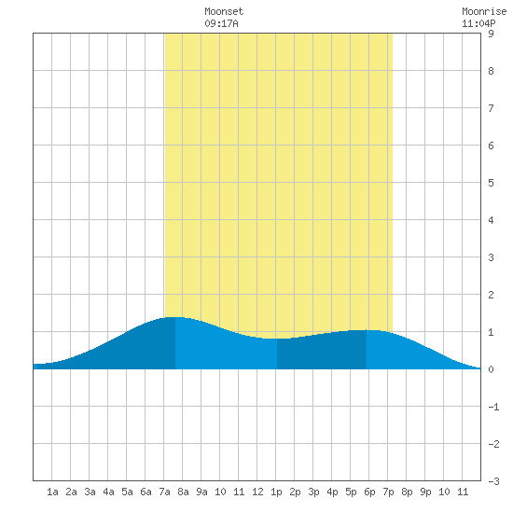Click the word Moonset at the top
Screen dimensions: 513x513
point(224,11)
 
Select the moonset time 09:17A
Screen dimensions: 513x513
point(221,23)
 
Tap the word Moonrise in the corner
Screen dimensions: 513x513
point(484,11)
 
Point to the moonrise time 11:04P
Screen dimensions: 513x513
point(478,23)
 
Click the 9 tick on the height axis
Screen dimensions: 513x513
point(491,34)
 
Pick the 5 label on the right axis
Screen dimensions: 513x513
point(491,183)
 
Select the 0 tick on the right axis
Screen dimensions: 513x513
point(491,369)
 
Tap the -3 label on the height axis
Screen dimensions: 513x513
point(493,481)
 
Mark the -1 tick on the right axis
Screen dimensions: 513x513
point(493,407)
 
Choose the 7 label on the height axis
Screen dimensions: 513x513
point(491,108)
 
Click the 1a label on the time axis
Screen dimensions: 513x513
point(52,492)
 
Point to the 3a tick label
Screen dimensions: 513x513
point(90,492)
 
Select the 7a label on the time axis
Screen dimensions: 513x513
point(164,492)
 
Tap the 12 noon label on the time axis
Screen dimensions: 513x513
point(257,492)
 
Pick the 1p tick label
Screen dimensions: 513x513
point(276,492)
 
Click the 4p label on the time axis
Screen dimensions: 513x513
point(332,492)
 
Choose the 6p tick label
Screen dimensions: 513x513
point(369,492)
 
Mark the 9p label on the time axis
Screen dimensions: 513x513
point(425,492)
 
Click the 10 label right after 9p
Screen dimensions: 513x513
point(444,492)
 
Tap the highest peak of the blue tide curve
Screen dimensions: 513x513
point(174,317)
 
